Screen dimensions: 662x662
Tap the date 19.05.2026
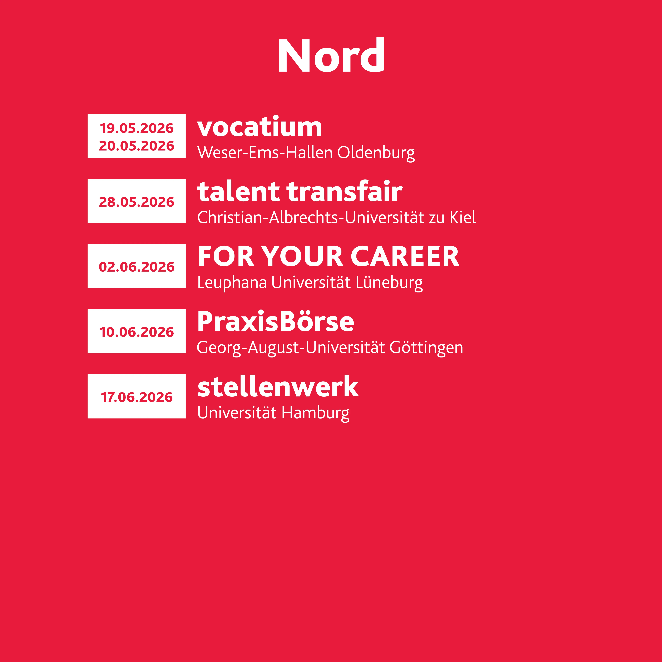pos(137,128)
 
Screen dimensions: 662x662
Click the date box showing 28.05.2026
pos(137,201)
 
